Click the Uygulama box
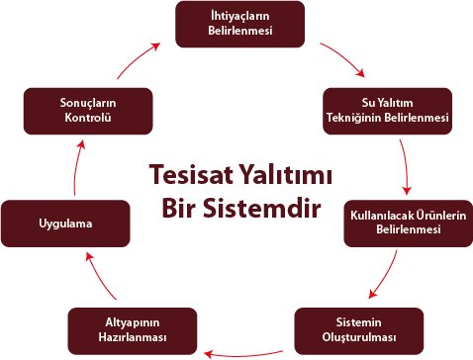(x=65, y=224)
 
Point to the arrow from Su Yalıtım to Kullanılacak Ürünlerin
(x=406, y=168)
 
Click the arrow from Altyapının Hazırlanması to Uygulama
(x=102, y=277)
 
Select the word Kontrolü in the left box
(x=88, y=119)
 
